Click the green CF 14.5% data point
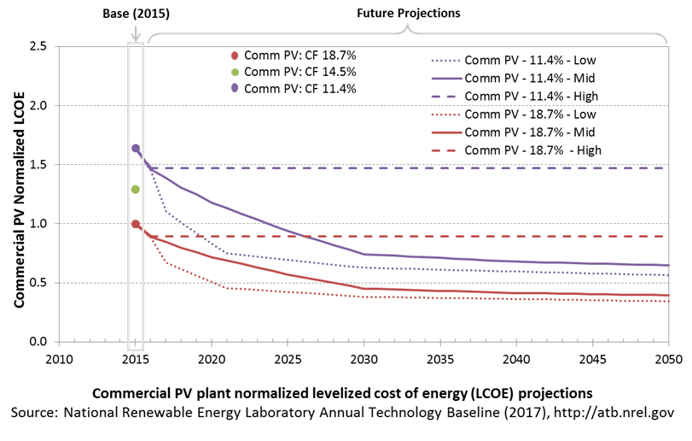[x=136, y=190]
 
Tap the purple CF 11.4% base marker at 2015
[x=136, y=149]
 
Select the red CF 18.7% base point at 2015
[x=136, y=224]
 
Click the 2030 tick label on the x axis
[x=363, y=359]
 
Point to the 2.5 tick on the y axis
[x=38, y=46]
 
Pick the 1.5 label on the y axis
[x=38, y=164]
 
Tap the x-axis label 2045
[x=592, y=359]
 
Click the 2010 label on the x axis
[x=59, y=359]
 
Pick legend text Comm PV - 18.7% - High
[x=532, y=150]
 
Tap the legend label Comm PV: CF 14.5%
[x=300, y=72]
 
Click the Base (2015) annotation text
[x=136, y=14]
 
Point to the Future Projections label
[x=408, y=14]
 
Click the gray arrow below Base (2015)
[x=136, y=32]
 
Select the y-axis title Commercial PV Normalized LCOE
[x=19, y=200]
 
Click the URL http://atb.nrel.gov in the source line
[x=613, y=412]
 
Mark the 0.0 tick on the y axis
[x=38, y=342]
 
